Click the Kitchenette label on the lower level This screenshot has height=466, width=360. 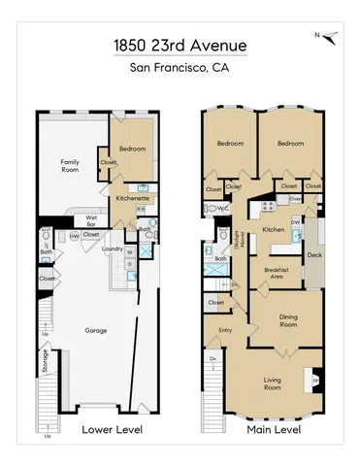click(x=133, y=197)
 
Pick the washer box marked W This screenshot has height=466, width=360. click(x=129, y=252)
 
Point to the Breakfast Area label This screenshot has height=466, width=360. click(x=270, y=273)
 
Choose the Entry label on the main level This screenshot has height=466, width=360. click(x=225, y=331)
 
